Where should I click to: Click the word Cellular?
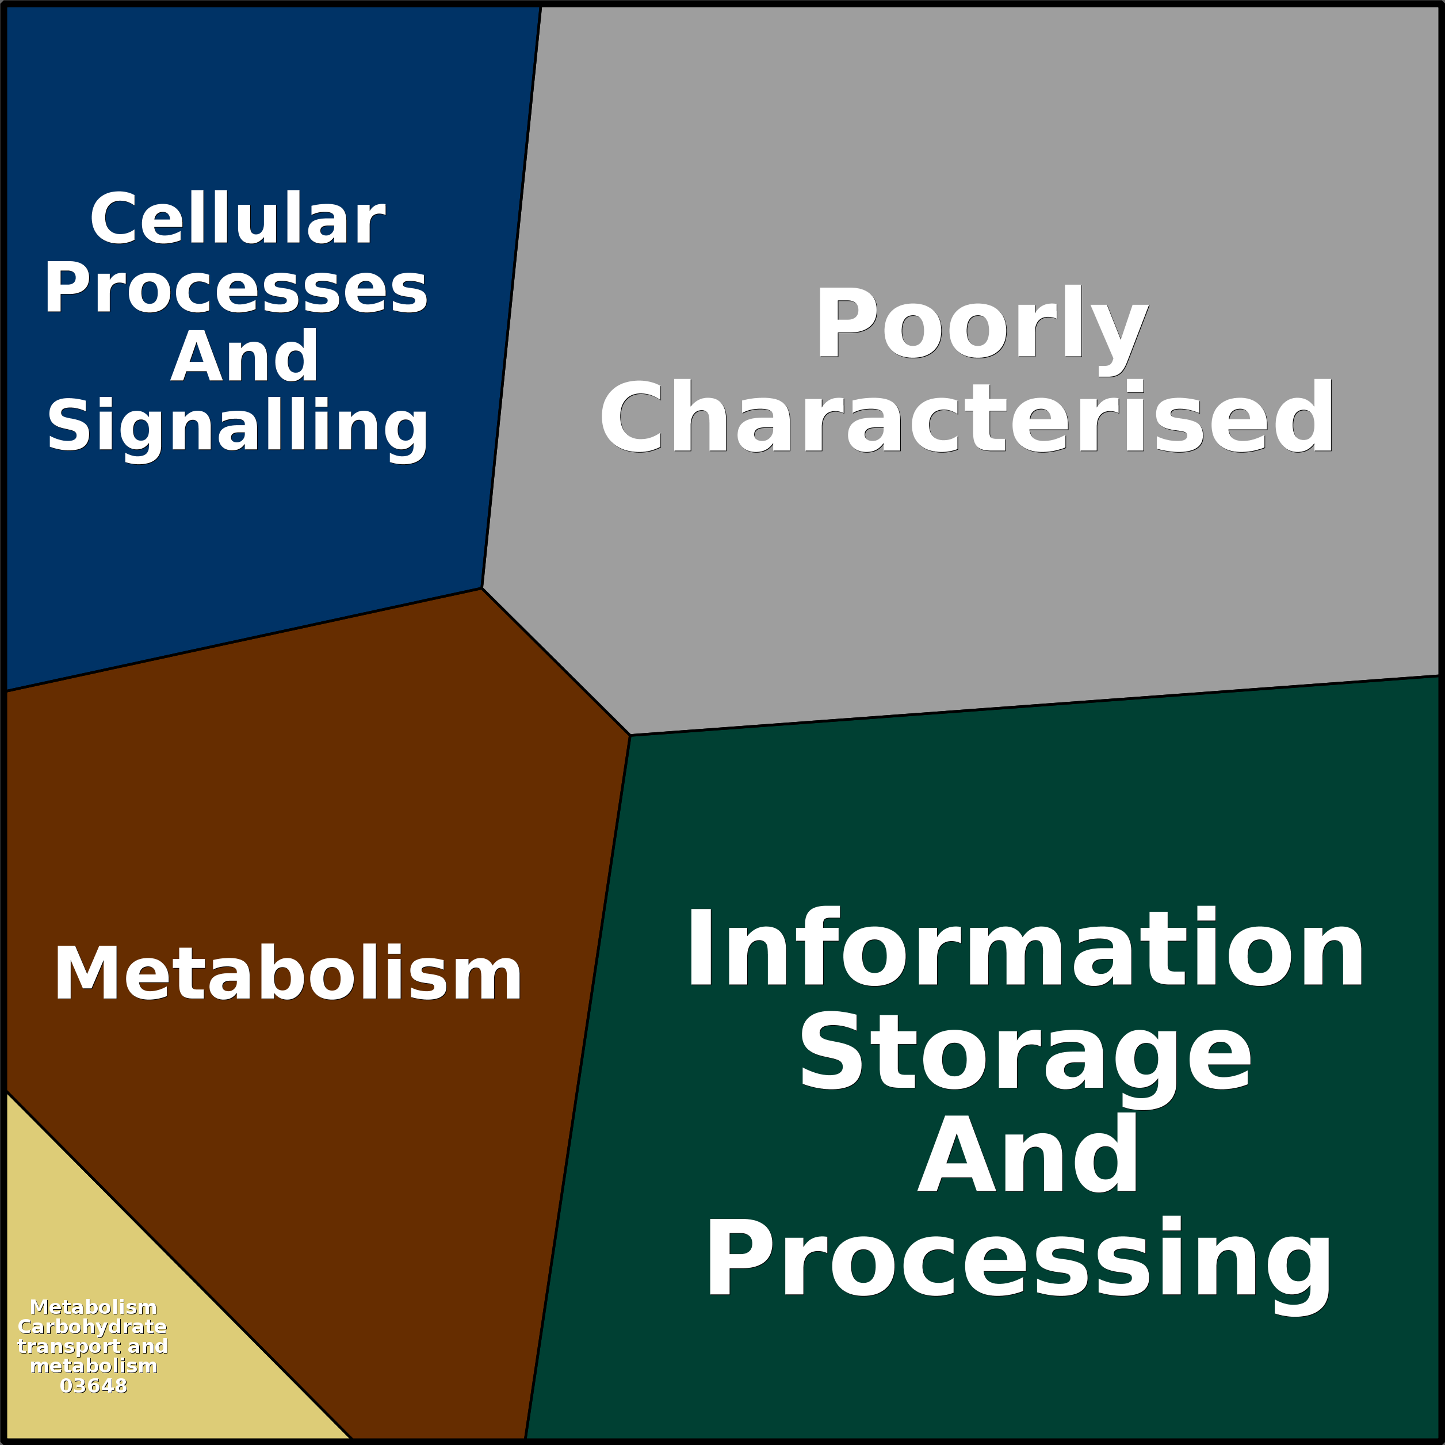(x=238, y=219)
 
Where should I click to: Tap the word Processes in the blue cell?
(x=236, y=289)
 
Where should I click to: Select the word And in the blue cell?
(x=244, y=356)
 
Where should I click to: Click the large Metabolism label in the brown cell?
(x=288, y=973)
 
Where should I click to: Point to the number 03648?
(x=94, y=1386)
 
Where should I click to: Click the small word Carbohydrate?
(x=92, y=1327)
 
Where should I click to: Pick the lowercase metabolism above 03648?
(x=94, y=1366)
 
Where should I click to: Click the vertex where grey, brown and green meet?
(x=630, y=735)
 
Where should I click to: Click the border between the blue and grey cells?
(x=511, y=297)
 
